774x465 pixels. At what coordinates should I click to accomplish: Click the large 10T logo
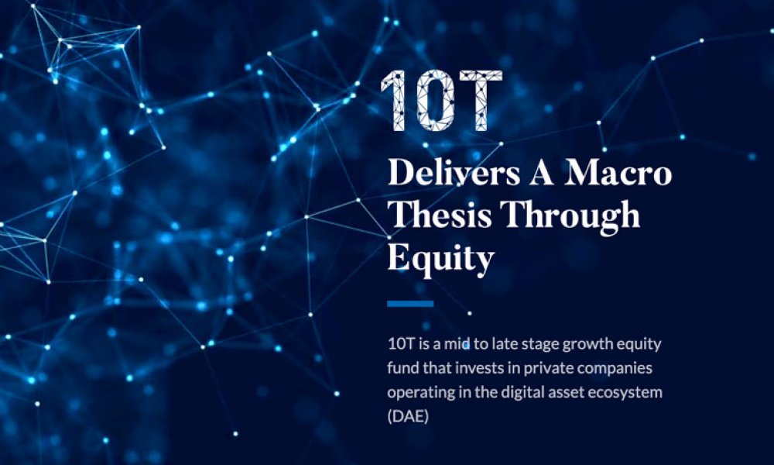[x=442, y=101]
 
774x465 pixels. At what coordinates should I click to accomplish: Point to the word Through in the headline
[x=570, y=216]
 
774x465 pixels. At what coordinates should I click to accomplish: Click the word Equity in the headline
[x=441, y=259]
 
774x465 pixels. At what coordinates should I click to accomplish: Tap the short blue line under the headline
[x=410, y=303]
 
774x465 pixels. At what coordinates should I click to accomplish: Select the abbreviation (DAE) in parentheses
[x=408, y=417]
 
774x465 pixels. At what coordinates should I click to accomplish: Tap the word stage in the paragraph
[x=540, y=344]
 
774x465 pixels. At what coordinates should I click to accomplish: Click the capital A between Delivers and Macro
[x=542, y=173]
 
